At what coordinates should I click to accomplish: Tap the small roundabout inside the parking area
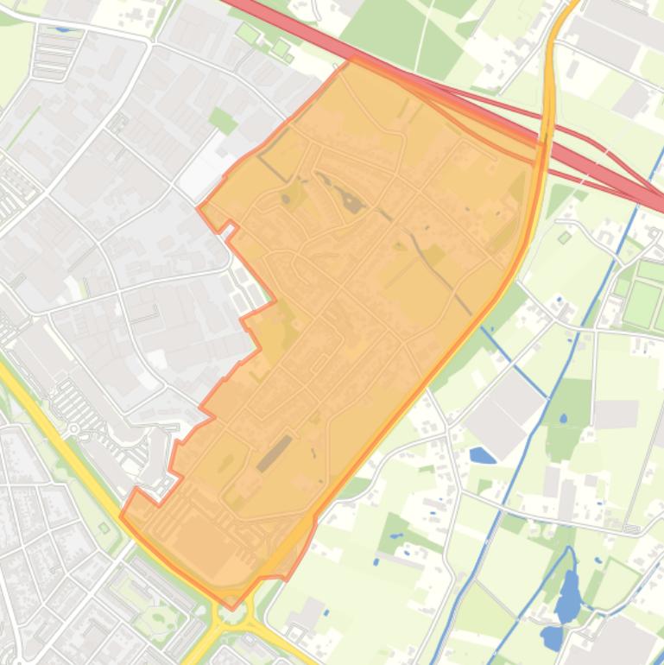(74, 429)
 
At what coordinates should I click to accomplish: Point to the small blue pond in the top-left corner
(62, 28)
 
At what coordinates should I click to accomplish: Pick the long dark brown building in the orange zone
(275, 453)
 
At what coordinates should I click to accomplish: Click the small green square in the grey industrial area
(223, 120)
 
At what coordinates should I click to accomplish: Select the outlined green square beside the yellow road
(104, 528)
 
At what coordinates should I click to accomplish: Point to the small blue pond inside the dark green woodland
(564, 419)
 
